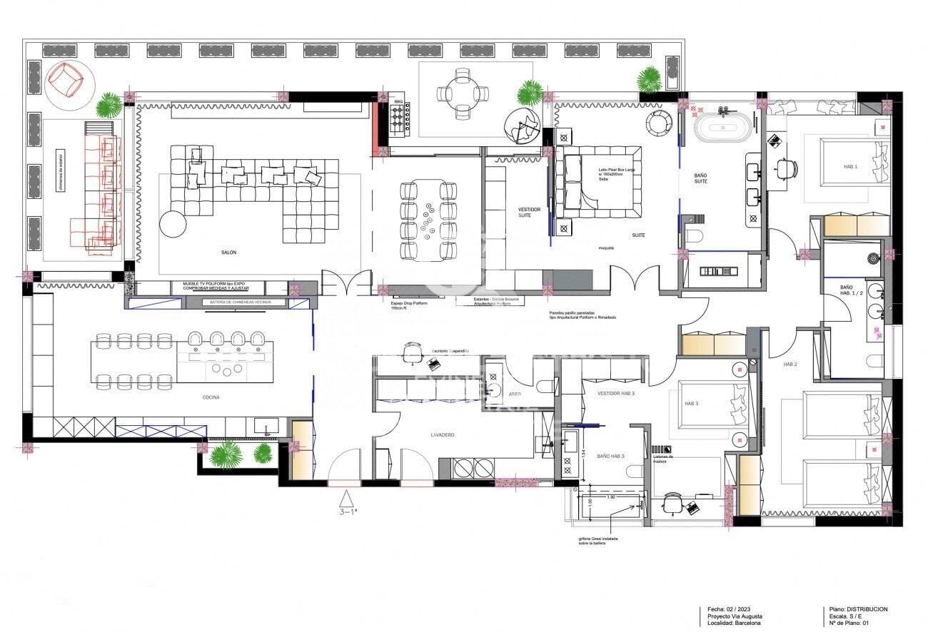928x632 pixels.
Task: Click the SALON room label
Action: (228, 253)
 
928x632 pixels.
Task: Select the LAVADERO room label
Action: (442, 434)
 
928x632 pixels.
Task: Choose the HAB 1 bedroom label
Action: (850, 166)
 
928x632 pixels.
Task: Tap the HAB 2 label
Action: (790, 365)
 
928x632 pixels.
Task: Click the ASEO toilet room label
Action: (514, 394)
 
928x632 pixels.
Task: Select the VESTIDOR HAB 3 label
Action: (616, 393)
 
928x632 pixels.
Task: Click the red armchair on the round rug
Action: (66, 79)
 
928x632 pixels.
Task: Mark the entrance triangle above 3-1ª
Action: (346, 498)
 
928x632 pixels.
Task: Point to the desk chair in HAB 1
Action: (786, 168)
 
